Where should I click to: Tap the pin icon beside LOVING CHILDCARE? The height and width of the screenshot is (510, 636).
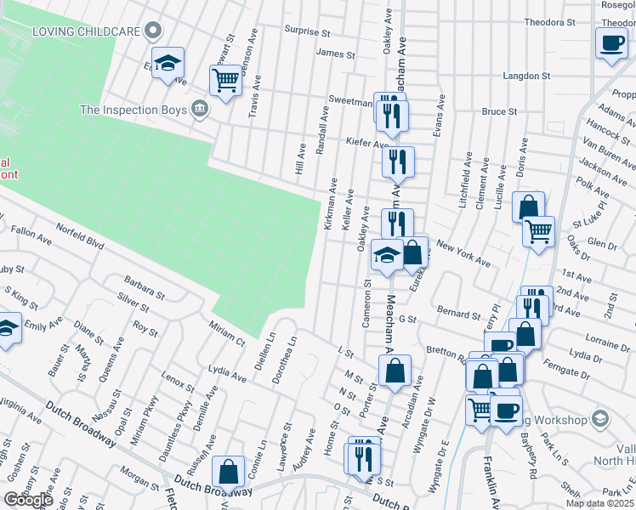[153, 31]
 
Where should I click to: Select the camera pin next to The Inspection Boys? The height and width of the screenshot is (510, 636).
[200, 109]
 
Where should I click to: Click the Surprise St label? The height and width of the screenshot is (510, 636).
[307, 32]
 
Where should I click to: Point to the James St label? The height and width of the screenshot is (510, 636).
[335, 54]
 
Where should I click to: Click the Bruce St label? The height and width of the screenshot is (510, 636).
[500, 111]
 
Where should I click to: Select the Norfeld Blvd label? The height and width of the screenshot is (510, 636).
[80, 235]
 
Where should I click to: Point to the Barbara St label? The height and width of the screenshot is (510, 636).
[143, 285]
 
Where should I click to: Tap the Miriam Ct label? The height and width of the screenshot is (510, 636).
[227, 331]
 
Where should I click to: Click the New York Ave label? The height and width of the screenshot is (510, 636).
[463, 253]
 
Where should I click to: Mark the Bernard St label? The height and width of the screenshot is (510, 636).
[458, 313]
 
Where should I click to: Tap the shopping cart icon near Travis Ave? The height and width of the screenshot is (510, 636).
[225, 81]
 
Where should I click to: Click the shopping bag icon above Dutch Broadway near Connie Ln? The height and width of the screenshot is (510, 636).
[230, 471]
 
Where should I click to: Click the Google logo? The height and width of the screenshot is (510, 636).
[28, 500]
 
